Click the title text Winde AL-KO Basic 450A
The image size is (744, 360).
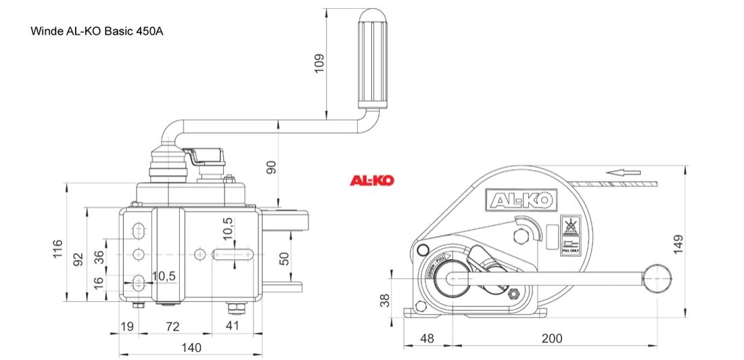97,31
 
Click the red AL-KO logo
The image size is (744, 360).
371,181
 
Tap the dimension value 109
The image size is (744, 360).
320,62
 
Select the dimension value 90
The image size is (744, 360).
271,167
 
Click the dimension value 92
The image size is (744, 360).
78,258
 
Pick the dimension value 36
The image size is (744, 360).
99,257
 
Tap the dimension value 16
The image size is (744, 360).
99,282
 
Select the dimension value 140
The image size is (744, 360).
191,348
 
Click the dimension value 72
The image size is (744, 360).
172,327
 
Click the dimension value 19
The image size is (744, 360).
126,327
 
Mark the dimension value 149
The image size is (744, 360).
679,243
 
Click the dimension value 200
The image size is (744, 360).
551,338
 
